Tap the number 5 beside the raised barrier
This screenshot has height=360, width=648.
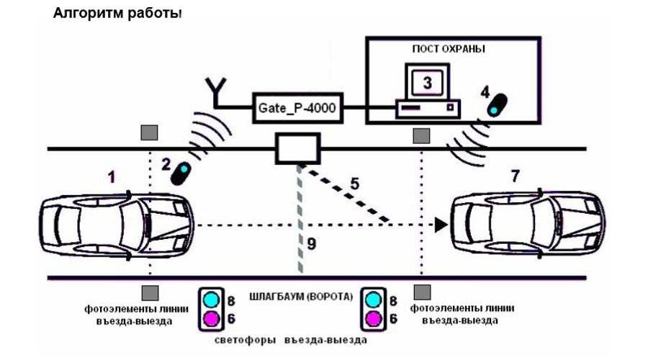click(x=354, y=182)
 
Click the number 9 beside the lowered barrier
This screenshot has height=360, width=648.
click(x=311, y=244)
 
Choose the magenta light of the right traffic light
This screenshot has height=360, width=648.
click(x=373, y=318)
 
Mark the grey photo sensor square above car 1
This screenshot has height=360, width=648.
click(x=149, y=132)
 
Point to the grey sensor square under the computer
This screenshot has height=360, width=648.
click(x=420, y=134)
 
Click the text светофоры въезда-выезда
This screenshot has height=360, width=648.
click(x=292, y=339)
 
